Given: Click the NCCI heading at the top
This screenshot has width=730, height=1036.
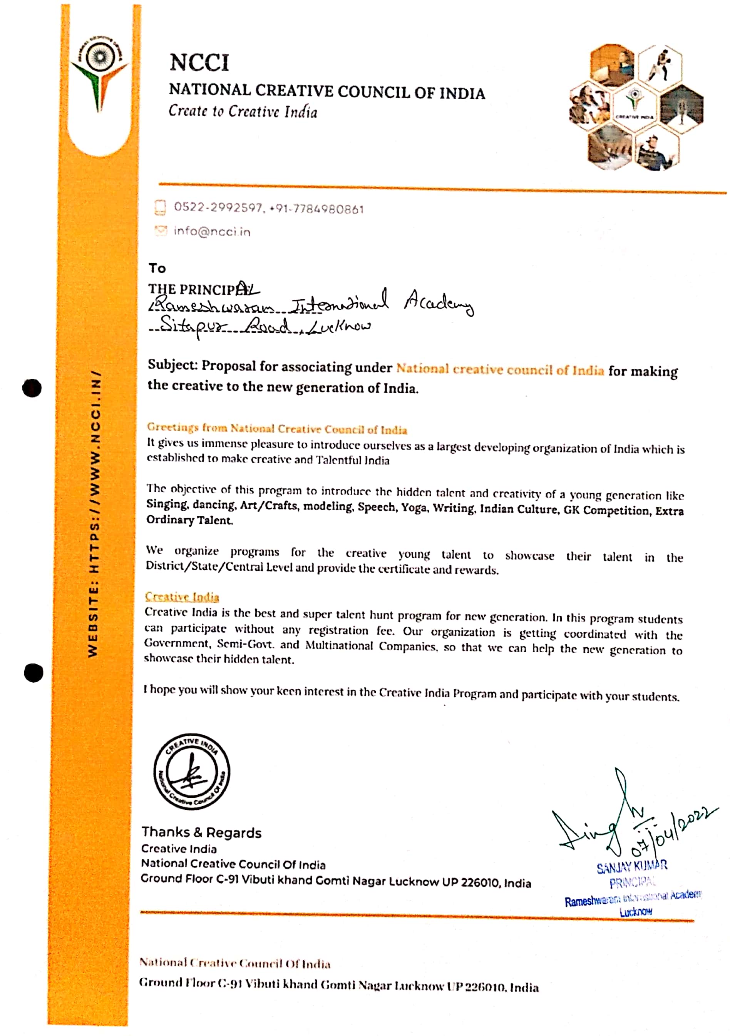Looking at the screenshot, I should [199, 62].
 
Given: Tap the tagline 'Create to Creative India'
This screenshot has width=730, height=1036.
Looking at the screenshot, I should [243, 111].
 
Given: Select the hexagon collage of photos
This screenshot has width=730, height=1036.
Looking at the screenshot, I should [636, 107].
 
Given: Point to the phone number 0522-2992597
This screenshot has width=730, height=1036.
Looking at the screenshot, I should [218, 207].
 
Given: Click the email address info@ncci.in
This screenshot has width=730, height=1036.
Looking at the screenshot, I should [212, 231].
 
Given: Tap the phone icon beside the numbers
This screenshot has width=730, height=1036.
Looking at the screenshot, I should [160, 207].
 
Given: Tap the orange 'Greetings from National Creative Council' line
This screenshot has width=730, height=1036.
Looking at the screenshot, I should [277, 428].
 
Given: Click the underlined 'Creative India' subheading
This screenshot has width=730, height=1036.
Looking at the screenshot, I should [182, 597].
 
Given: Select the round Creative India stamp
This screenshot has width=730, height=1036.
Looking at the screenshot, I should [191, 771].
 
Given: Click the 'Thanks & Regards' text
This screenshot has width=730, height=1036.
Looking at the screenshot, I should [201, 832].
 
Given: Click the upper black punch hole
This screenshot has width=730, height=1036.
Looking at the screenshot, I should [32, 388].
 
